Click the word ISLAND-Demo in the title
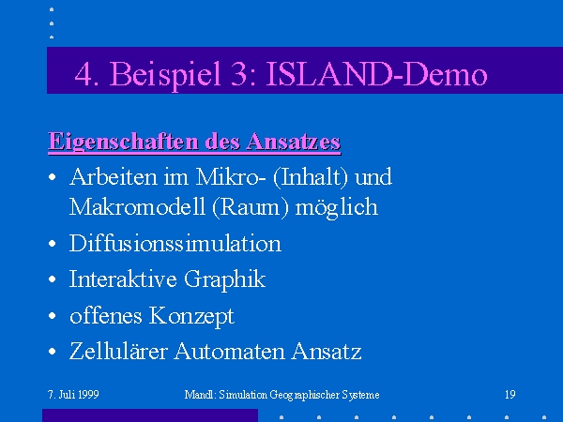point(376,74)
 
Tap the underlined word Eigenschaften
point(123,142)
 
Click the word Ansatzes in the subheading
point(294,141)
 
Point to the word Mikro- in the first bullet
point(231,177)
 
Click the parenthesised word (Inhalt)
point(311,177)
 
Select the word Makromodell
point(137,206)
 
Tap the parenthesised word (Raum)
point(251,207)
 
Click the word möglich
point(337,208)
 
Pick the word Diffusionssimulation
point(175,243)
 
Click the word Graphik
point(225,279)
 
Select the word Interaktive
point(123,279)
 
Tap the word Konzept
point(191,316)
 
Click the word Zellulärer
point(118,351)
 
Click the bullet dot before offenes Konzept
point(52,316)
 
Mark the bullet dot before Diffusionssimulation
point(52,244)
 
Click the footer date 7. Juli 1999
point(73,395)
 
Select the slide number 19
point(510,395)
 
